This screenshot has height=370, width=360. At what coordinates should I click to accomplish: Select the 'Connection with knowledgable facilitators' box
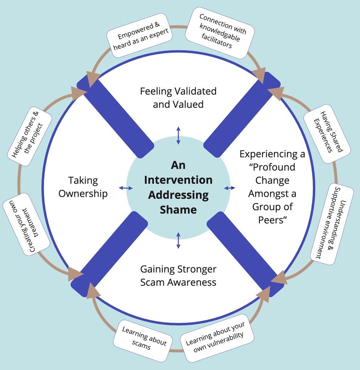click(220, 32)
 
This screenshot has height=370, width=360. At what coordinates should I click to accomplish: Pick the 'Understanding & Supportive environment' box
click(332, 225)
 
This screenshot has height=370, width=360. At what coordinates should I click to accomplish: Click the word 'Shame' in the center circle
click(178, 210)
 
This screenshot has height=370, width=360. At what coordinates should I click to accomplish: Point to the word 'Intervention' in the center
click(178, 180)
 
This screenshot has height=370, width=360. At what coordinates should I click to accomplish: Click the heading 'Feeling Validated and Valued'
click(178, 98)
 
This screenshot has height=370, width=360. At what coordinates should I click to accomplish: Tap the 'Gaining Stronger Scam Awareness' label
click(178, 275)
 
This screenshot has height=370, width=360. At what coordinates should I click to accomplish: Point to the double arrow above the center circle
click(178, 135)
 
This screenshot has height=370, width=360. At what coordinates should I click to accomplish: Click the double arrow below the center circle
click(178, 240)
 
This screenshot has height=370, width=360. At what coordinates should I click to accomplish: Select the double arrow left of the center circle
click(125, 188)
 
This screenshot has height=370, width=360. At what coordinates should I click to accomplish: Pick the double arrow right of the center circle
click(230, 188)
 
